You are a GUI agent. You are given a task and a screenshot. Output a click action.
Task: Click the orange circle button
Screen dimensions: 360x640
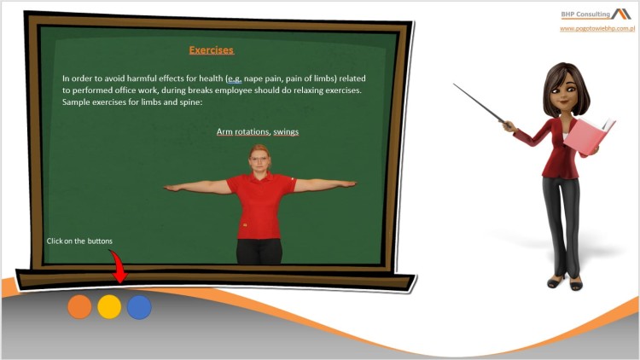(79, 307)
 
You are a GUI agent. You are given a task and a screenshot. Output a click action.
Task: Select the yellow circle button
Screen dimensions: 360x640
(109, 307)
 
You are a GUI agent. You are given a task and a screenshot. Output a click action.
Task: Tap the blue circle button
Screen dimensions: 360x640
(139, 307)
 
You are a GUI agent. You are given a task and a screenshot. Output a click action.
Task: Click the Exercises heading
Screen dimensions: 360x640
(211, 50)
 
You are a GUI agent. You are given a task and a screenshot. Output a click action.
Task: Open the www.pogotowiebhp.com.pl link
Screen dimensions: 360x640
(596, 28)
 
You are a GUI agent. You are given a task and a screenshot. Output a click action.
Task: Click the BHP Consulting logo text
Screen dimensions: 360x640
(585, 14)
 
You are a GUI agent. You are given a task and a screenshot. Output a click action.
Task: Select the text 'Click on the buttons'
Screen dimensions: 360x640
(79, 241)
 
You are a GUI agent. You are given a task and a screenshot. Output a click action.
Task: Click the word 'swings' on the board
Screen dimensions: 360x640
(286, 131)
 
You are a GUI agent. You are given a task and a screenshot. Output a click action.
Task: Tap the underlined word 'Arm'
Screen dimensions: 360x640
(225, 131)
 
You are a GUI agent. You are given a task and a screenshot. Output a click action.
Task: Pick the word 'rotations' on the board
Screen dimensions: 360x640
(252, 131)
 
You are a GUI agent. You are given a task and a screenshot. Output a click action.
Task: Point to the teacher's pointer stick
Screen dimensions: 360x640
(483, 106)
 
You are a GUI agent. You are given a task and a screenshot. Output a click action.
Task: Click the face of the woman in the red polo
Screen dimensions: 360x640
(259, 160)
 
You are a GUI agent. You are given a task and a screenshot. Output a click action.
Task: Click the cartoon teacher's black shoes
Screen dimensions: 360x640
(564, 282)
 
